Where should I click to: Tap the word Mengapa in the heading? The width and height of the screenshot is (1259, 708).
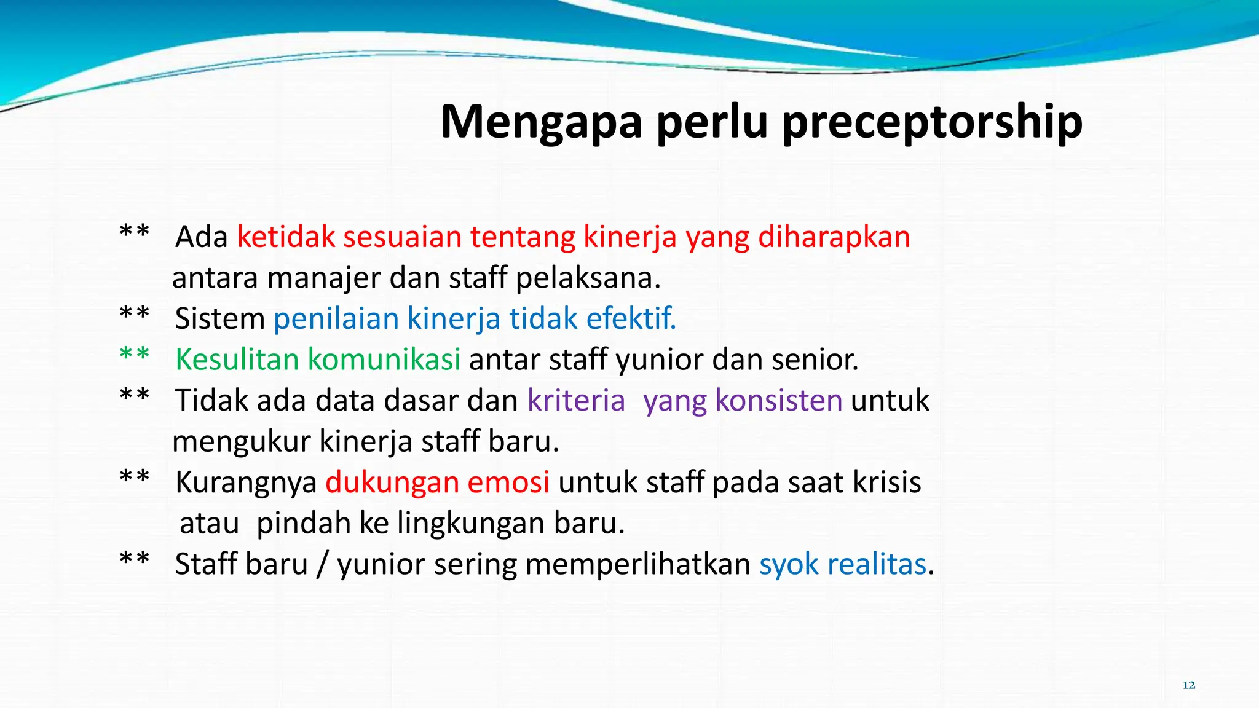[x=542, y=123]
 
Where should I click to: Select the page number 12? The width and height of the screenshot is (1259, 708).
[x=1189, y=685]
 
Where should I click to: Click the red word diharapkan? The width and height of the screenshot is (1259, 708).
[x=834, y=237]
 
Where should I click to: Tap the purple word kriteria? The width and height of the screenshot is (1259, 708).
[x=576, y=401]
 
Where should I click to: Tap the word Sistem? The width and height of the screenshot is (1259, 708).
[x=219, y=318]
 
